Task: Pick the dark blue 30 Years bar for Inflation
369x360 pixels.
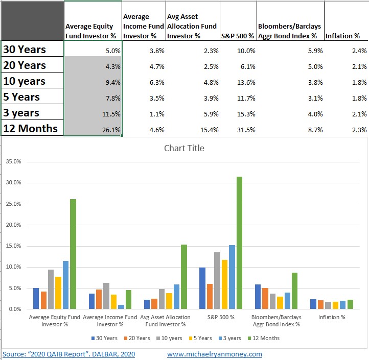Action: tap(313, 304)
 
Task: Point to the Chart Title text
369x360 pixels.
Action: tap(184, 149)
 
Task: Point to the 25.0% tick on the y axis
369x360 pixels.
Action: tap(13, 204)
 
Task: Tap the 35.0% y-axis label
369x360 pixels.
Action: tap(13, 161)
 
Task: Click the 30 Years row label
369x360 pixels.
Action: tap(25, 50)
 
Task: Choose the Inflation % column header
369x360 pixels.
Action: tap(342, 36)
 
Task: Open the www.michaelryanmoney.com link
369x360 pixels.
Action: tap(214, 354)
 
